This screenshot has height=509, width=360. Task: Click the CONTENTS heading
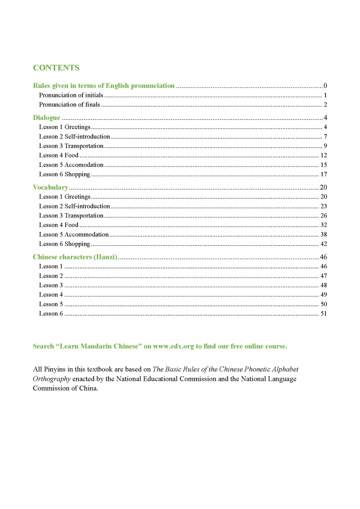[x=56, y=68]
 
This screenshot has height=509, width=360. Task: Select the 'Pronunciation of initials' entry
[x=71, y=95]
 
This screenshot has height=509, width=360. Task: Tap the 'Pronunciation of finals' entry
[x=69, y=105]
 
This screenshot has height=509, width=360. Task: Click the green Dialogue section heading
[x=46, y=118]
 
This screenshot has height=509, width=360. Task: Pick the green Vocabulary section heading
[x=51, y=187]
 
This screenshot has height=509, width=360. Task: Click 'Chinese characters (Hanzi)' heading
[x=75, y=257]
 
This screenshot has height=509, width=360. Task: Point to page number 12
[x=324, y=155]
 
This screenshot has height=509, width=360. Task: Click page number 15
[x=324, y=165]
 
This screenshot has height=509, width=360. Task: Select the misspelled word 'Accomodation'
[x=84, y=165]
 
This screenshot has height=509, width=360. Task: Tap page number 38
[x=324, y=235]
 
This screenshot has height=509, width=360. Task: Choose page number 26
[x=324, y=216]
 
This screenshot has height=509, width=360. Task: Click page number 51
[x=324, y=314]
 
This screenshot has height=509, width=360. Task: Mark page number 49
[x=324, y=295]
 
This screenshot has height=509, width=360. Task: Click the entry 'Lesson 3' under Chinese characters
[x=51, y=285]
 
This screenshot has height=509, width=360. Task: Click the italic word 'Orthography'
[x=52, y=379]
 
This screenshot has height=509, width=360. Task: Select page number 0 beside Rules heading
[x=325, y=86]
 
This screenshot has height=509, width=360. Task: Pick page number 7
[x=325, y=136]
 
